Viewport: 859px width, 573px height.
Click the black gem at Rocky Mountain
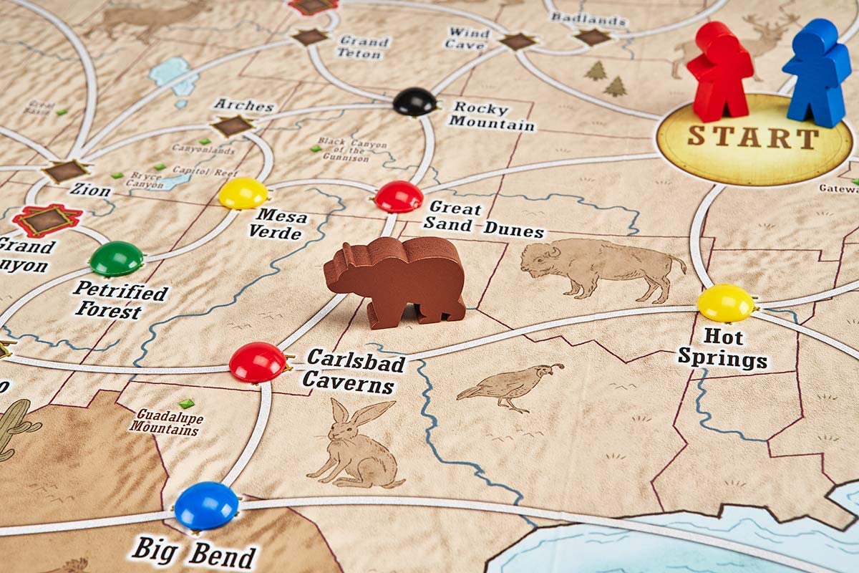coord(414,101)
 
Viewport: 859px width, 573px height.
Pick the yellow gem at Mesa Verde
coord(243,193)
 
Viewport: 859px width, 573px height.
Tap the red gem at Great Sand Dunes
coord(399,196)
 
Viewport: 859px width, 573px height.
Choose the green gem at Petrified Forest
coord(116,258)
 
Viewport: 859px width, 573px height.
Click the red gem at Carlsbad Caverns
coord(257,362)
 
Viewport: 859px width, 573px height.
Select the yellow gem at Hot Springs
coord(725,302)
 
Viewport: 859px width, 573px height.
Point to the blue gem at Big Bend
coord(206,505)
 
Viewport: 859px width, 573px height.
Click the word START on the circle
coord(753,137)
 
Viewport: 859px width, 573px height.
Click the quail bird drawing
coord(510,386)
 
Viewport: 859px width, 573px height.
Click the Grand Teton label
coord(363,47)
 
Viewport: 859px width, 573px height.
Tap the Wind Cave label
coord(468,38)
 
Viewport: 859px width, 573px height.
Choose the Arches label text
coord(243,105)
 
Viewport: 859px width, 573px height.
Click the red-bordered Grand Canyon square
coord(47,220)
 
